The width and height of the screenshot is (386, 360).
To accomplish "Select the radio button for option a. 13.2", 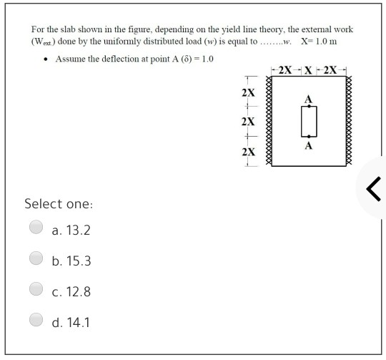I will tap(35, 228).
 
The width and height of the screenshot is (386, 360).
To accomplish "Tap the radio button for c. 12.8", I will tap(35, 291).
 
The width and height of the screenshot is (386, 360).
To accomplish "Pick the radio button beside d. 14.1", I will tap(35, 321).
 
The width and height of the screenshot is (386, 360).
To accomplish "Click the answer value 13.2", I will tap(79, 230).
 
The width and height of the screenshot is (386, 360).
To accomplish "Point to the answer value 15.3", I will tap(79, 261).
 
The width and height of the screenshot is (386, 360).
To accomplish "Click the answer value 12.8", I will tap(79, 292).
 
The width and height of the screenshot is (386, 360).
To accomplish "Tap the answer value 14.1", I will tap(79, 323).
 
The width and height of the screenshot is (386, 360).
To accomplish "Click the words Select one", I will tap(59, 204).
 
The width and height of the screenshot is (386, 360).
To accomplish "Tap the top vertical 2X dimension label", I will tap(247, 93).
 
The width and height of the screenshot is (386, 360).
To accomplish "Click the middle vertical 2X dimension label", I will tap(247, 122).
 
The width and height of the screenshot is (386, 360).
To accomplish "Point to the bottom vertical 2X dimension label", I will tap(247, 152).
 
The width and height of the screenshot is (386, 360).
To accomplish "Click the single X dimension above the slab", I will tap(308, 70).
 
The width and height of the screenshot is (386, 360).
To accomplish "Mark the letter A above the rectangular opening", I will tap(309, 99).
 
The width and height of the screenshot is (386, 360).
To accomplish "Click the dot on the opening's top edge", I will tap(309, 107).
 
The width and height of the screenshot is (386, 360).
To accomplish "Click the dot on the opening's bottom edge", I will tap(309, 137).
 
